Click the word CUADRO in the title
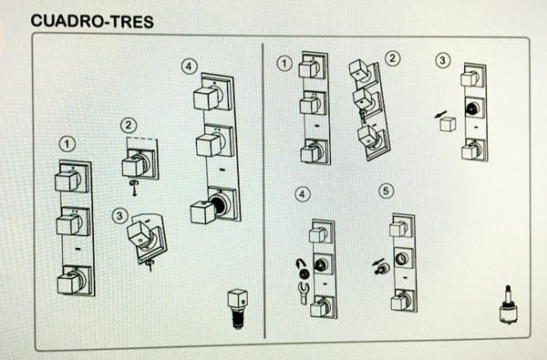[x=67, y=21]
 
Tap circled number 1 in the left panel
[x=67, y=144]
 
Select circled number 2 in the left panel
[x=129, y=125]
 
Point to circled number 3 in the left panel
[x=119, y=216]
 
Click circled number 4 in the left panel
[x=189, y=67]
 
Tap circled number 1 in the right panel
[x=284, y=64]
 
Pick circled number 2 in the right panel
[x=392, y=58]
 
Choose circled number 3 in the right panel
[x=443, y=60]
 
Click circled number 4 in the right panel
[x=303, y=194]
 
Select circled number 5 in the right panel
[x=386, y=190]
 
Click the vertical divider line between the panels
[x=263, y=190]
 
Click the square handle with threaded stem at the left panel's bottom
[x=238, y=309]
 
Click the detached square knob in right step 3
[x=448, y=124]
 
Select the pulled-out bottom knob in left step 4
[x=203, y=212]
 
